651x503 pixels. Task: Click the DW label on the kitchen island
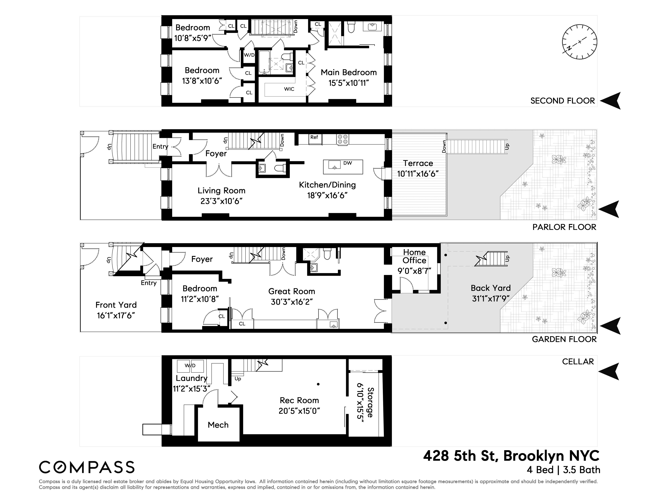coord(348,163)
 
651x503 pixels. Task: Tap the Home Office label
coord(414,256)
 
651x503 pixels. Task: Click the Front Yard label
coord(116,305)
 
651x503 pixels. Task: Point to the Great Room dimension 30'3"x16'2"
coord(291,302)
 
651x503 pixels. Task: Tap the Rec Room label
coord(299,400)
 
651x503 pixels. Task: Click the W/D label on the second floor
coord(249,55)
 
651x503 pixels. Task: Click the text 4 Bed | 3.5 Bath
coord(563,470)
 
